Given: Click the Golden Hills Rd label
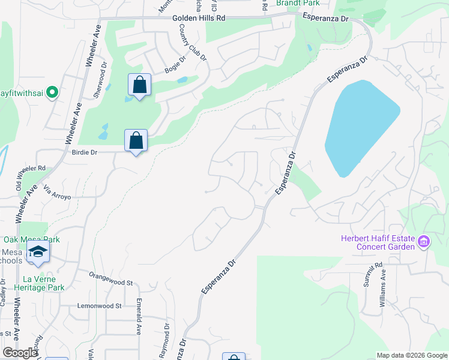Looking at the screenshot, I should point(199,19).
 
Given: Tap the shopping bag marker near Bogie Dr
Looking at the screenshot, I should point(139,85).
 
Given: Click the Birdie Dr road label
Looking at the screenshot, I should point(84,152).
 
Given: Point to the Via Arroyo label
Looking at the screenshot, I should point(58,193).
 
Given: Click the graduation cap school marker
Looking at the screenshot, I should point(38,253).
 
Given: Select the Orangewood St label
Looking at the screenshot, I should point(110,281).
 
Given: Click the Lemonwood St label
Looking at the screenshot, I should point(100,305).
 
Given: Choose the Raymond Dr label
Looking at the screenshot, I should point(165,340).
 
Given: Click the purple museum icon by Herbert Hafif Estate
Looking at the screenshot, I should point(424,242).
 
